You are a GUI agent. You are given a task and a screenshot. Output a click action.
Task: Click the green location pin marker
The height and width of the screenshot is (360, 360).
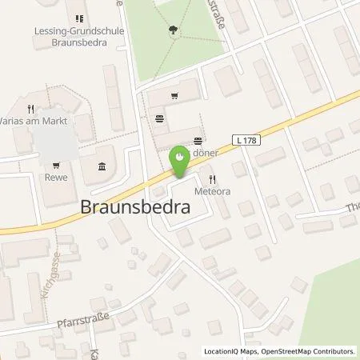[180, 164]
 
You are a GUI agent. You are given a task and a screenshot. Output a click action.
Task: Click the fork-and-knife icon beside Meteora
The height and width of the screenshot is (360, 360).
[212, 179]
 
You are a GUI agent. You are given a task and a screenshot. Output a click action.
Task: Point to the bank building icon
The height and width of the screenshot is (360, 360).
[101, 166]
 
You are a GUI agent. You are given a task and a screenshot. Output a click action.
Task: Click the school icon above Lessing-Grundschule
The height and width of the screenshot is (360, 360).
[78, 18]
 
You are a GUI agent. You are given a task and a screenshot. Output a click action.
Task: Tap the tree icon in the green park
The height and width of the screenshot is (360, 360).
[173, 31]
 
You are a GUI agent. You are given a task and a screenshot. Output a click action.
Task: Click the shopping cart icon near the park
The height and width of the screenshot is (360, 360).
[174, 94]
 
